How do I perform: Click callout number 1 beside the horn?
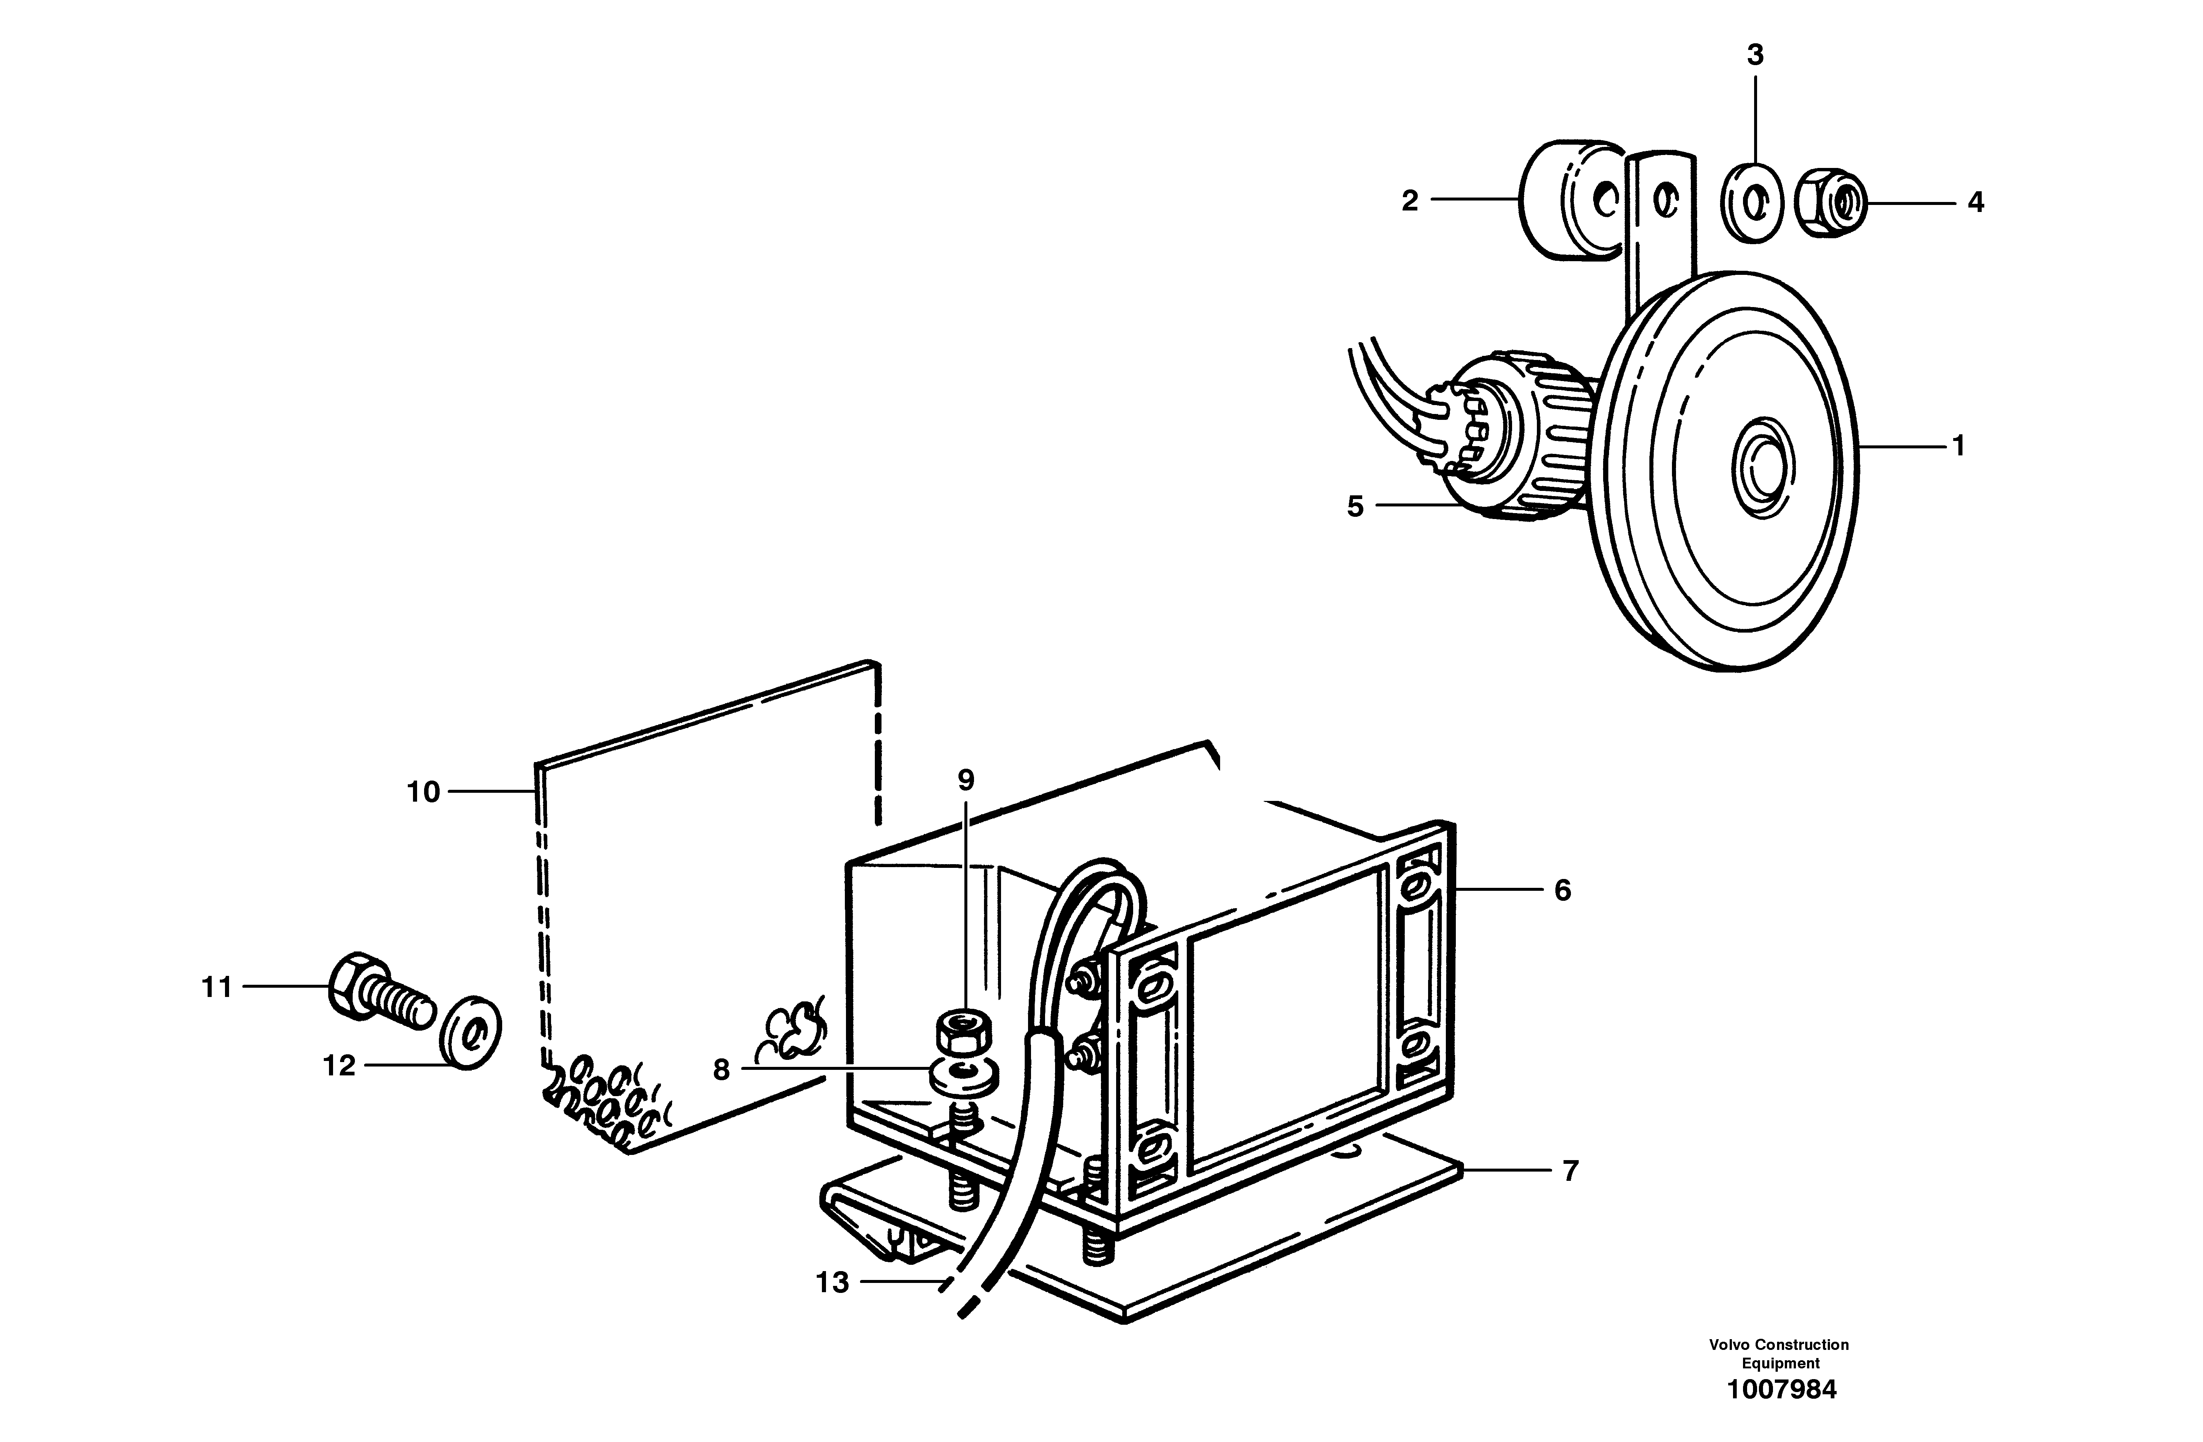1958,446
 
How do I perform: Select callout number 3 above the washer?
1755,55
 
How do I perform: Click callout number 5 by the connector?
1355,506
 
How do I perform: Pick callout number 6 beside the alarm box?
1562,890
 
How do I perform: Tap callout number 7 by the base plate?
1570,1171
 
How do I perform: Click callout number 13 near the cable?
832,1282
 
